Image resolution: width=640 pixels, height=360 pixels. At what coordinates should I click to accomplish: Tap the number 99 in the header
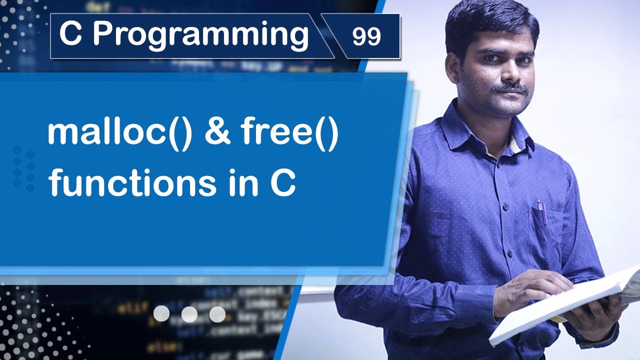point(366,36)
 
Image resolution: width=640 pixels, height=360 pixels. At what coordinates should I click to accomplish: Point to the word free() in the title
point(289,134)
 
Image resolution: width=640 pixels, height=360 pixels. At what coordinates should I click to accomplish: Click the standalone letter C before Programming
point(70,35)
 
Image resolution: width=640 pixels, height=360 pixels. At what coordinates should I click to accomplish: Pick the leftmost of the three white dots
point(161,313)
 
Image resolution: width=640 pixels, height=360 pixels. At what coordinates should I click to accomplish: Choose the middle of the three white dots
point(189,313)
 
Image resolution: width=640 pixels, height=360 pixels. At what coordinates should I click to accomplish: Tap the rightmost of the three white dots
point(217,313)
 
